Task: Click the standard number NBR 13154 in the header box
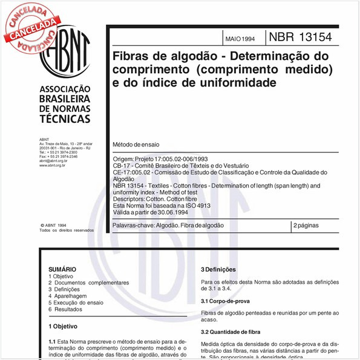(300, 37)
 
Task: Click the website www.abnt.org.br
(53, 165)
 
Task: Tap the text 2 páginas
(307, 225)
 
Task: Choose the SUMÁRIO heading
(62, 269)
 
